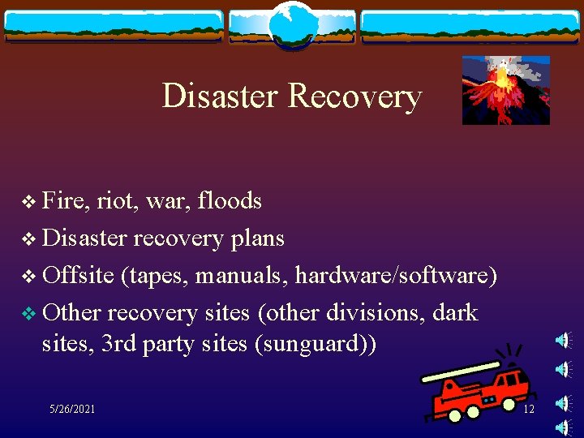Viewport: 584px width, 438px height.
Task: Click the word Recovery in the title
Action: [x=354, y=96]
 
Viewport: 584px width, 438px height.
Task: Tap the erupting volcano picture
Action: [x=505, y=89]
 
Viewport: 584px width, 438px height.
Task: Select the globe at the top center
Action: [x=291, y=24]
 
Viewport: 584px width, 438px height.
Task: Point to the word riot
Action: [x=118, y=200]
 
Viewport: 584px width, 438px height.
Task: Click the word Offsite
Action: [x=78, y=275]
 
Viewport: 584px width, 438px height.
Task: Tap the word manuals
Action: [x=244, y=275]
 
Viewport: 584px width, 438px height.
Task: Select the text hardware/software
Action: [x=396, y=275]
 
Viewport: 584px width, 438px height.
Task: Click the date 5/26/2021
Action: [x=71, y=409]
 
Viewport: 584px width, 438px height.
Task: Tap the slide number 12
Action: [x=529, y=409]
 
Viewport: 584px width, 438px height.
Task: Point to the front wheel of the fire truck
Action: [x=454, y=414]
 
